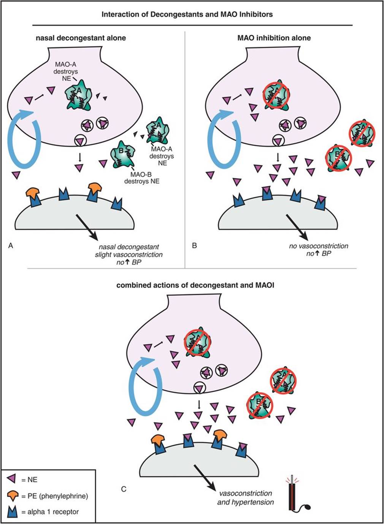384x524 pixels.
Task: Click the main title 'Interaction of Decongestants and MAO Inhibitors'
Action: pyautogui.click(x=187, y=14)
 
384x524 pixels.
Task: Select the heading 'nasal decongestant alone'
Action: pyautogui.click(x=81, y=38)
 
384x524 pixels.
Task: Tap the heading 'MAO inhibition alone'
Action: pyautogui.click(x=274, y=38)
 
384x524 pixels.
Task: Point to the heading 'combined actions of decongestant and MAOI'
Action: pyautogui.click(x=195, y=285)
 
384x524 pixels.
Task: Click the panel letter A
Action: pyautogui.click(x=11, y=246)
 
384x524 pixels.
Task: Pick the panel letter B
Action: pyautogui.click(x=194, y=246)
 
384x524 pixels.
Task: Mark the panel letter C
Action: pyautogui.click(x=124, y=489)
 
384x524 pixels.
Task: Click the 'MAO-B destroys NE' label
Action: pyautogui.click(x=141, y=178)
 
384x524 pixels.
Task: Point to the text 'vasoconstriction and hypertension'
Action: pyautogui.click(x=246, y=498)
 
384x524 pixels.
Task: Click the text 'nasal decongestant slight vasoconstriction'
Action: pyautogui.click(x=129, y=251)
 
